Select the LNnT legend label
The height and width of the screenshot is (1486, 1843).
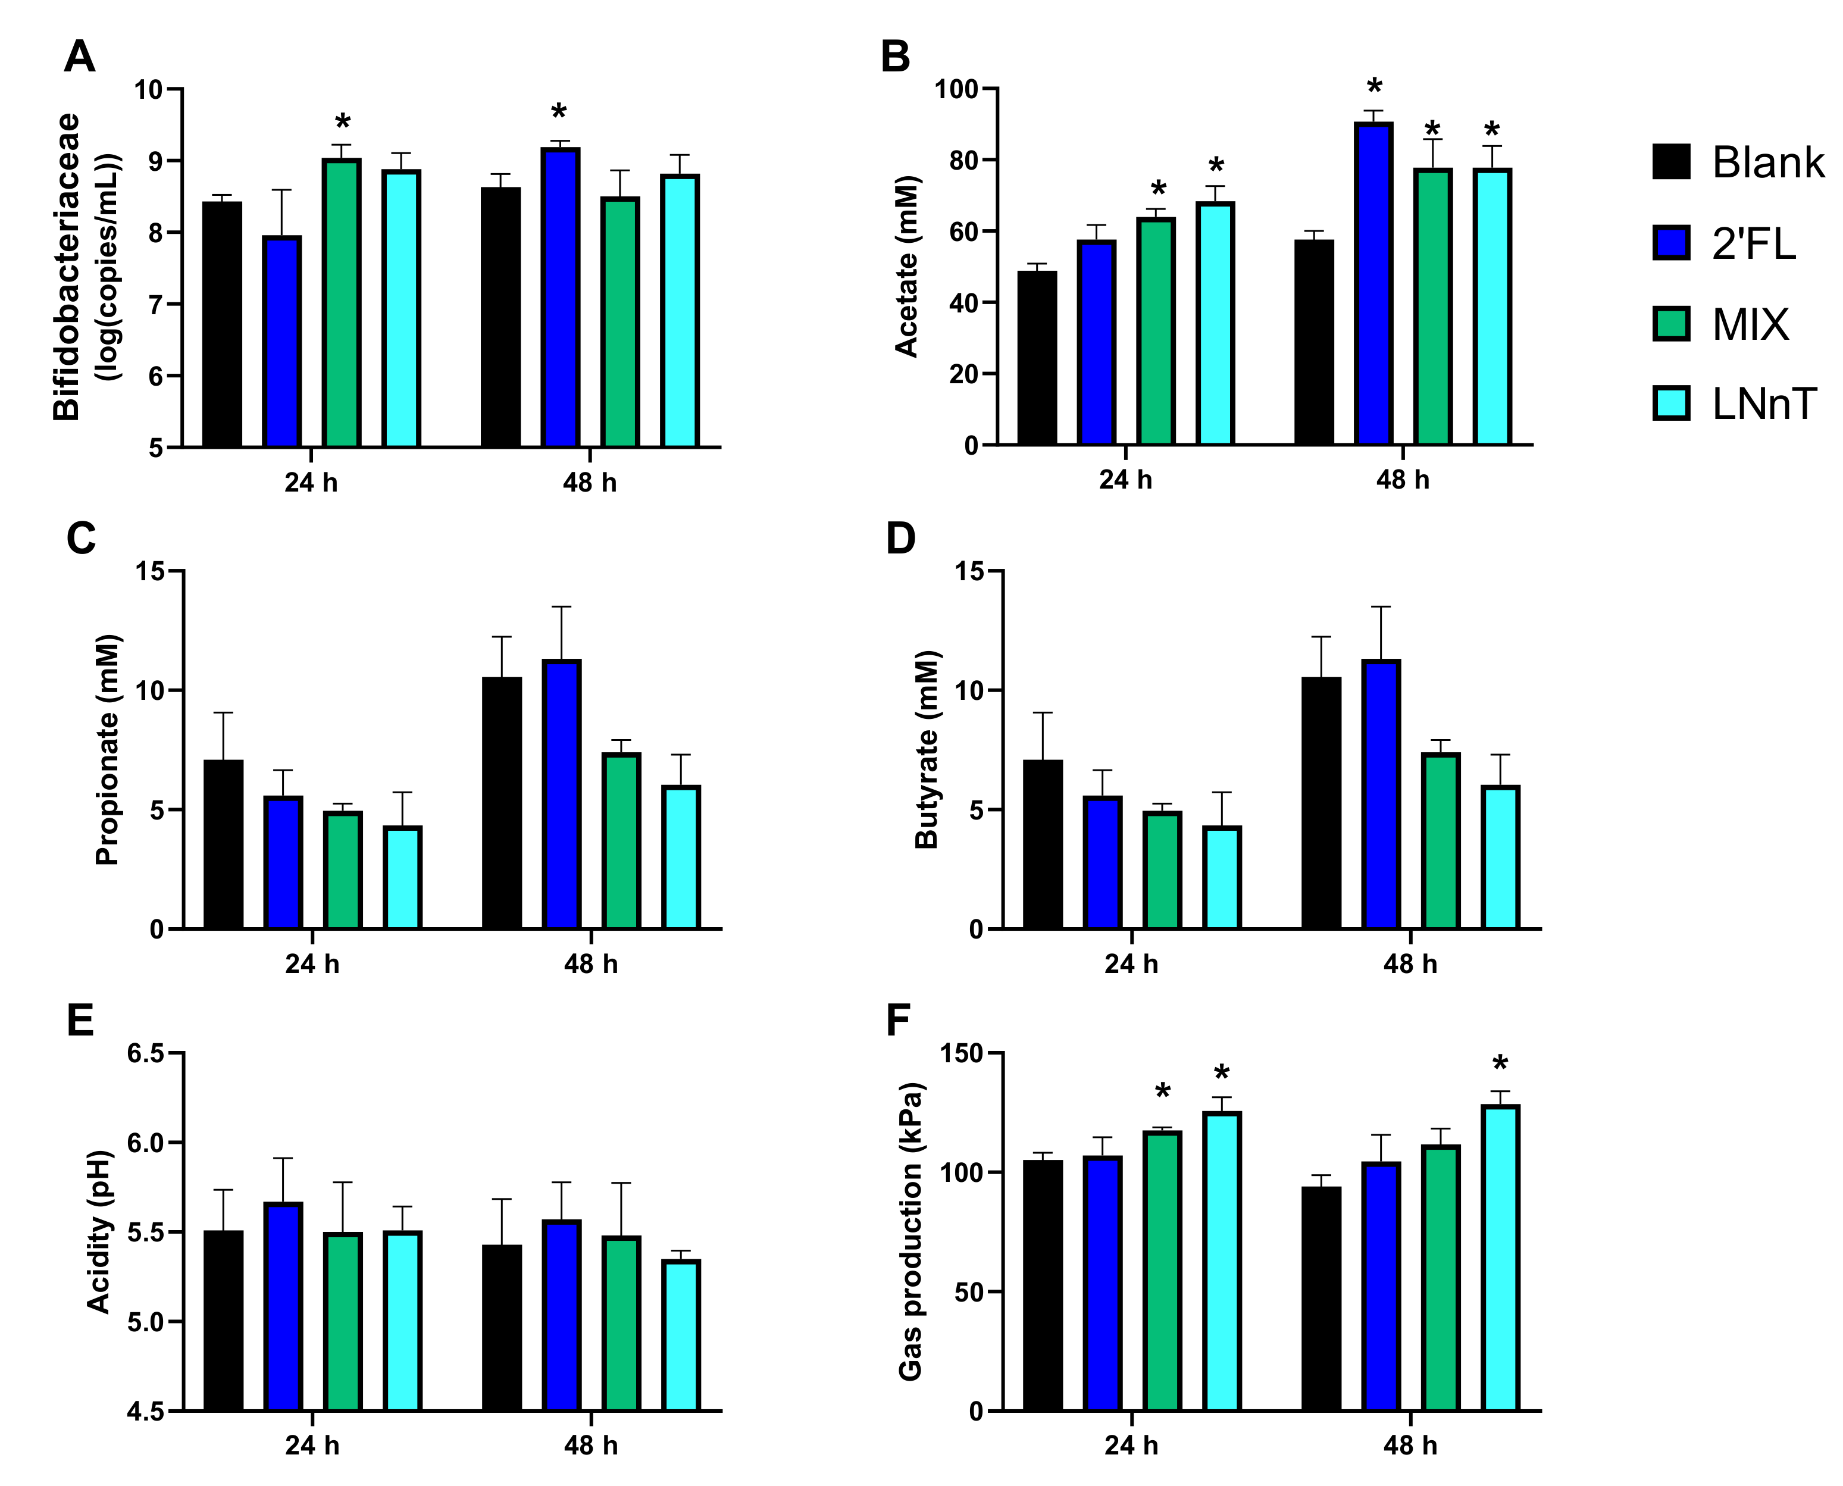tap(1763, 404)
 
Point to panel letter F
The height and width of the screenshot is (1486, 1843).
tap(898, 1021)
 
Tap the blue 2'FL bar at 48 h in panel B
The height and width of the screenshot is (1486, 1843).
tap(1373, 283)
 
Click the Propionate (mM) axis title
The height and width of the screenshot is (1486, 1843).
tap(107, 750)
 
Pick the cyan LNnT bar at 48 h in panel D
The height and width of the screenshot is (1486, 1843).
tap(1500, 857)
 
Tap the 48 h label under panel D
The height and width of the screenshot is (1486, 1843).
tap(1410, 964)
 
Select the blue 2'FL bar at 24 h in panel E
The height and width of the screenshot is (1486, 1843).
tap(283, 1306)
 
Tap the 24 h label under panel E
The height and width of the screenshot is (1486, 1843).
tap(312, 1446)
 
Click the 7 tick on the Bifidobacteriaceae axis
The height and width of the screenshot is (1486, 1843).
tap(156, 304)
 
